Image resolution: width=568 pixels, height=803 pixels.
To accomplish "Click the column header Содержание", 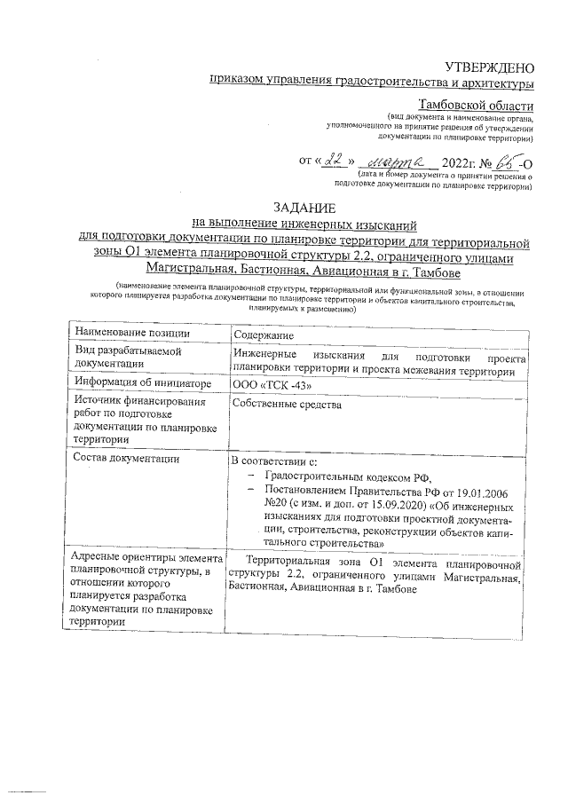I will [x=264, y=335].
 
